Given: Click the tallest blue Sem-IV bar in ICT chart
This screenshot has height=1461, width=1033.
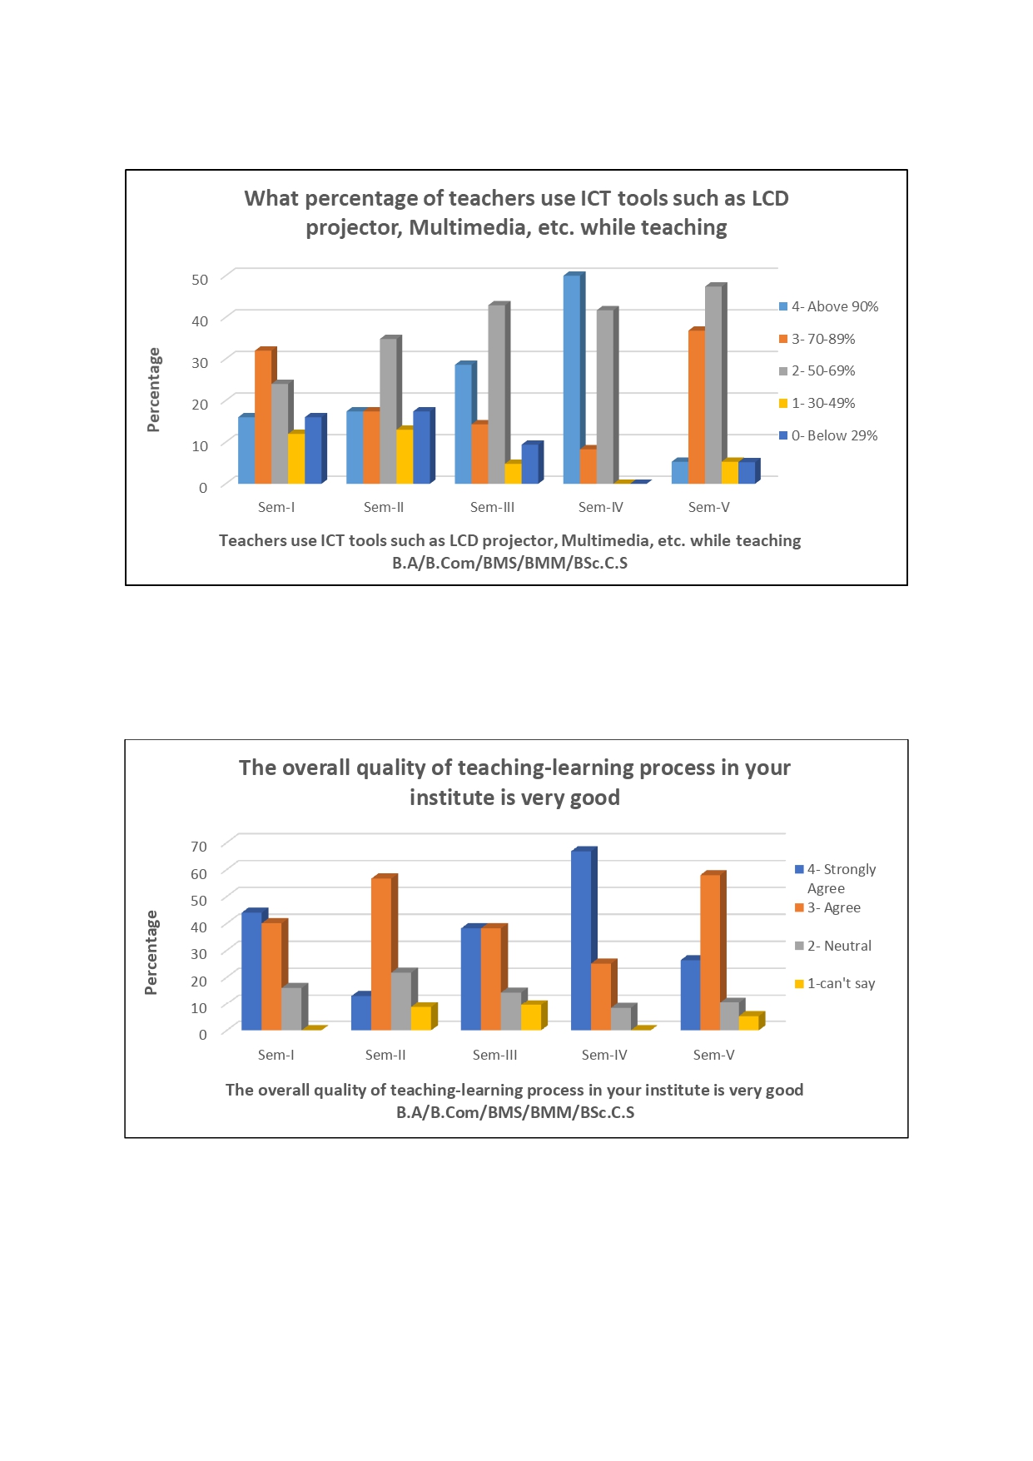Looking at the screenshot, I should [x=572, y=379].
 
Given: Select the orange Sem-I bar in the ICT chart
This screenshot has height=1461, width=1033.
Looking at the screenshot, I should [x=263, y=416].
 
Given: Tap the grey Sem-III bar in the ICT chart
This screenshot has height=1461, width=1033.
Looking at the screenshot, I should [x=496, y=394].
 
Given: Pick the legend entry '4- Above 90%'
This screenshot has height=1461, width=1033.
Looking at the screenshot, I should [x=828, y=306].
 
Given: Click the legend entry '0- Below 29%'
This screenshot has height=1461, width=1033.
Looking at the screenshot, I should [x=828, y=435].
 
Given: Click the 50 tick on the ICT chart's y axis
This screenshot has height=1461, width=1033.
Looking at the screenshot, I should [x=200, y=280].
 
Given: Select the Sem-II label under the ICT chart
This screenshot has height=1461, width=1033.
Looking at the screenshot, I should [x=384, y=507].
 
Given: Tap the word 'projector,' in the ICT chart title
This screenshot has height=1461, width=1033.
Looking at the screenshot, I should [x=355, y=227].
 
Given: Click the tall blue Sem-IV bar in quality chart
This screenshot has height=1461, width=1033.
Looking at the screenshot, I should [x=581, y=941].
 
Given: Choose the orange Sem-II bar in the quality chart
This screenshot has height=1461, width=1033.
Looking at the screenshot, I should [x=381, y=954].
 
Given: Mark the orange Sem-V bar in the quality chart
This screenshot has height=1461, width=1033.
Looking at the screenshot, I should [x=710, y=952].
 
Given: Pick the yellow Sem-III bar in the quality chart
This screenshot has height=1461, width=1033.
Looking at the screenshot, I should [x=531, y=1017].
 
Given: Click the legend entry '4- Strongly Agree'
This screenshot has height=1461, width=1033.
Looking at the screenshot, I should [x=836, y=878].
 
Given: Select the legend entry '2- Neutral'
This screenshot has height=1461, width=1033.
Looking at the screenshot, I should [x=833, y=946].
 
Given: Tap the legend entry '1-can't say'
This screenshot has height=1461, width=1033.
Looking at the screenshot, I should [x=835, y=983].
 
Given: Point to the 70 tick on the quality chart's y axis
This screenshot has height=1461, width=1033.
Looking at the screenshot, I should [x=199, y=847].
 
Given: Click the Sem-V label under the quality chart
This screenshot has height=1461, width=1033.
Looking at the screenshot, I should [x=714, y=1055].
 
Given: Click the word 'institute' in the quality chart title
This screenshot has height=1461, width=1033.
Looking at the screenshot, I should [x=452, y=798].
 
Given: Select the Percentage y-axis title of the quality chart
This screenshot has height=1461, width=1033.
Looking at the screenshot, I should [x=151, y=952].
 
